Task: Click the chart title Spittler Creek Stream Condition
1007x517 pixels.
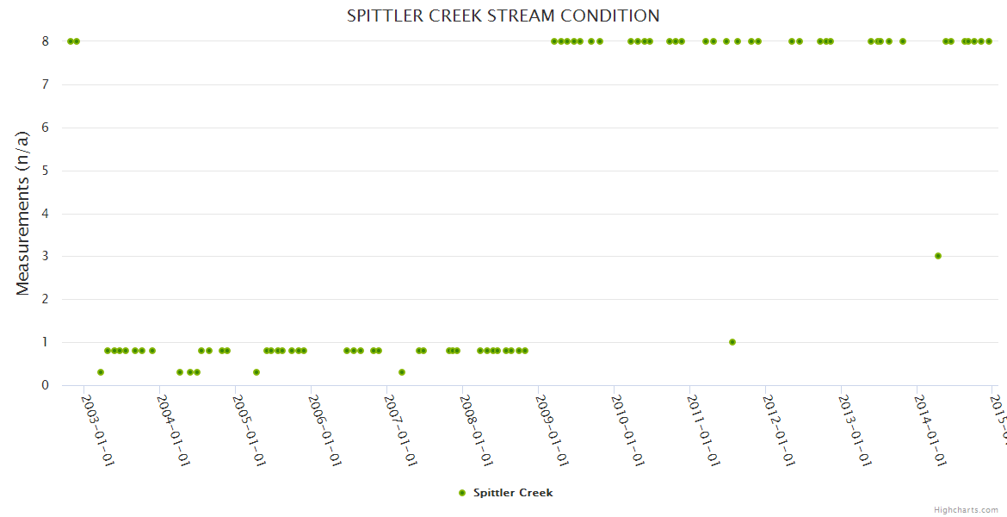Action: coord(504,16)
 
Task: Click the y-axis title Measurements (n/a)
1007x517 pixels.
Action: coord(23,213)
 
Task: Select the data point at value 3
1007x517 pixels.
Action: coord(938,256)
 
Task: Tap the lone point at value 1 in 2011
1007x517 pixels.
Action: coord(732,342)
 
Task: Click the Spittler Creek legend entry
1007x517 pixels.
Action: coord(513,493)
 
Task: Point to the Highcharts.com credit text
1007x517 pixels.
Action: coord(966,510)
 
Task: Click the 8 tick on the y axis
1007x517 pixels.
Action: coord(46,41)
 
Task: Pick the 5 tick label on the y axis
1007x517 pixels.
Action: coord(46,171)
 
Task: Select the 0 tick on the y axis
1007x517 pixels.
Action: coord(46,385)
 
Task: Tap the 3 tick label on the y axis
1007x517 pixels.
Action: coord(46,257)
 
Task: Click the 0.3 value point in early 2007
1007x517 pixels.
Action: coord(402,372)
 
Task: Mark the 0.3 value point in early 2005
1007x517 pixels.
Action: coord(256,372)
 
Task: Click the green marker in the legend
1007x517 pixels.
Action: coord(462,493)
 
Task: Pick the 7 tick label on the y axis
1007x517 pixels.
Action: coord(46,84)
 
